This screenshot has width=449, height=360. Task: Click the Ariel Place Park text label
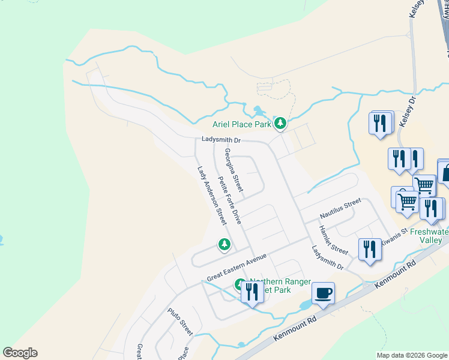(242, 125)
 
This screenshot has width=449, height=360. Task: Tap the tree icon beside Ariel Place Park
(280, 124)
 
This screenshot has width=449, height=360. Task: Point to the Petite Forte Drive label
(229, 200)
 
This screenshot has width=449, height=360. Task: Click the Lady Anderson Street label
(211, 196)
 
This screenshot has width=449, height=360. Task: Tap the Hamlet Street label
(333, 239)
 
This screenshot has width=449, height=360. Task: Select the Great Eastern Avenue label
(236, 267)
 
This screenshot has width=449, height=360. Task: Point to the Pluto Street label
(179, 322)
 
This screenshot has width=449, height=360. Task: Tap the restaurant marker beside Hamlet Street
(370, 249)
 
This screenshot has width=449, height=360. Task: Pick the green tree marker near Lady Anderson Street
(224, 244)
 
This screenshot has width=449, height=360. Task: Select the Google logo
(20, 353)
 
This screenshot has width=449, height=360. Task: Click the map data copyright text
(412, 355)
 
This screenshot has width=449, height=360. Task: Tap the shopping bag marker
(445, 172)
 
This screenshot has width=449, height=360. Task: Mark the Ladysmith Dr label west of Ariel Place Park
(221, 140)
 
